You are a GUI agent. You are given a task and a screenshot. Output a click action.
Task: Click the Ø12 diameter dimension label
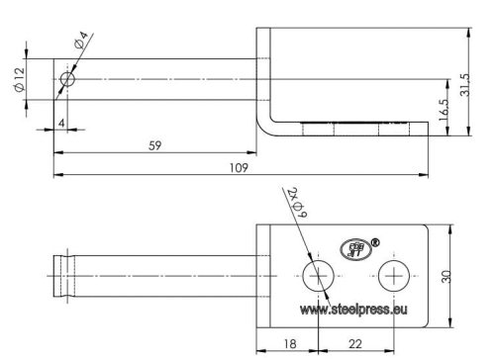point(20,79)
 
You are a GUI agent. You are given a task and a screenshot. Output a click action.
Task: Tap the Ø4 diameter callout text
point(81,40)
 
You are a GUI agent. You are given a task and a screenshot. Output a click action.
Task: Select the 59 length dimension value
point(154,145)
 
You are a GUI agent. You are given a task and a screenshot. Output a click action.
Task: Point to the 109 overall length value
point(239,168)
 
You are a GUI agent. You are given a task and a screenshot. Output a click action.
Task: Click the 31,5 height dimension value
point(464,85)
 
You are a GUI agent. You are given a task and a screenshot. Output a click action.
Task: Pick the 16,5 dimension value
point(444,111)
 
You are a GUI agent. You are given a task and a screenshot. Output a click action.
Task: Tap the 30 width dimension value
point(445,276)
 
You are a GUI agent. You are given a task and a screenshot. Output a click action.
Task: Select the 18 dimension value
point(290,344)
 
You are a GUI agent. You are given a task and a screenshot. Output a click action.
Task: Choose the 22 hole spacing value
point(355,344)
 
